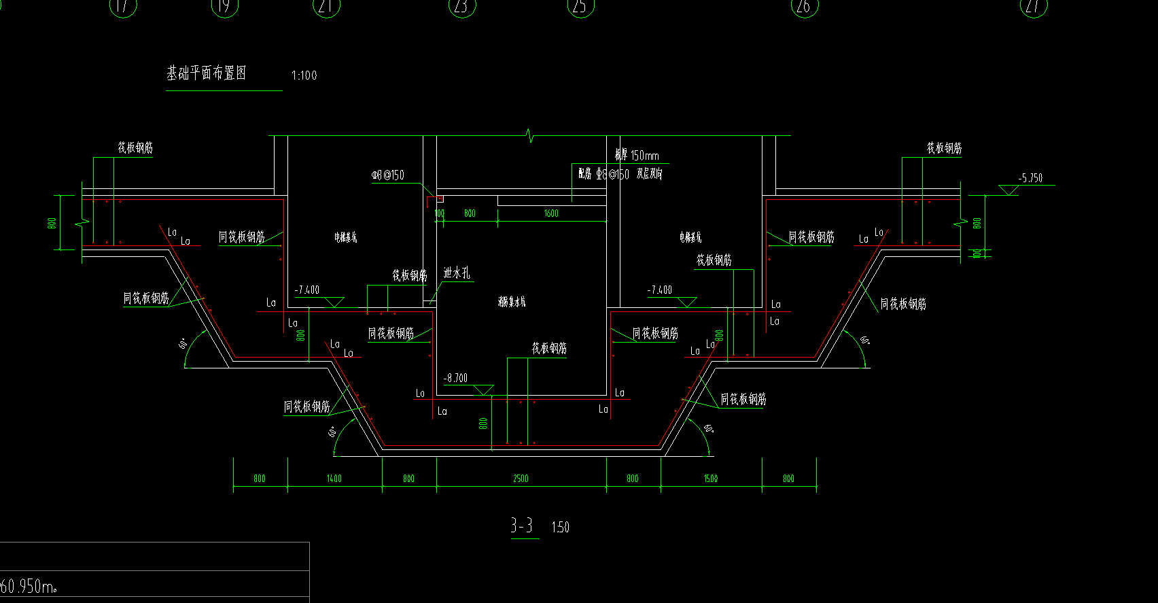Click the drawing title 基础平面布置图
(x=207, y=73)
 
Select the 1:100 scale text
(x=304, y=75)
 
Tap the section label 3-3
(x=522, y=526)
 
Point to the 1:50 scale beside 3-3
(x=560, y=528)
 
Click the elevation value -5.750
(x=1030, y=178)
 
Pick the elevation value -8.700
(x=455, y=378)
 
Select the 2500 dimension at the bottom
(x=521, y=479)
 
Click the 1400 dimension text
(x=334, y=479)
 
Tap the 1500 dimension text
(x=710, y=479)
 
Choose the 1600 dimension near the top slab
(x=551, y=213)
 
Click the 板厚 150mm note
(x=637, y=156)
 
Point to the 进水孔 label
(x=456, y=273)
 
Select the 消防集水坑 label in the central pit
(x=512, y=302)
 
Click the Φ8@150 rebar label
(x=387, y=175)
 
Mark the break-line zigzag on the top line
(x=530, y=135)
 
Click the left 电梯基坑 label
(x=345, y=237)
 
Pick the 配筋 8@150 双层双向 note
(x=620, y=174)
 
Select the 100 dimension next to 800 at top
(x=440, y=213)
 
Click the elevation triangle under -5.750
(x=1008, y=190)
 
